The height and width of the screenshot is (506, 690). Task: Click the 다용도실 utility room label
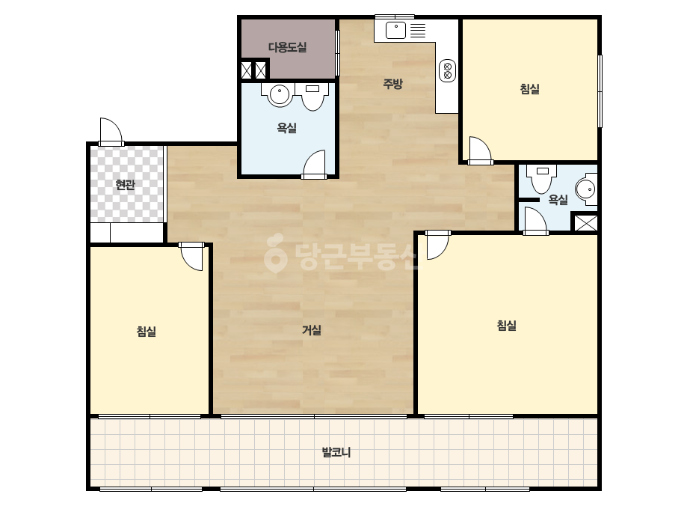[x=287, y=47]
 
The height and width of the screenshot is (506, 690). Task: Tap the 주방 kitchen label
[x=392, y=84]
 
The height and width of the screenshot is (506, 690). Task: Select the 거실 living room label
[x=312, y=329]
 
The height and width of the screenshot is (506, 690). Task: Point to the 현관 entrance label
[x=125, y=185]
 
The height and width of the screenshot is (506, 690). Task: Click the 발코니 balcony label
[x=336, y=452]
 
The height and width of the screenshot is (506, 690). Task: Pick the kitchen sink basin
[x=395, y=31]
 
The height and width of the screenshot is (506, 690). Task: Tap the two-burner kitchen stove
[x=448, y=71]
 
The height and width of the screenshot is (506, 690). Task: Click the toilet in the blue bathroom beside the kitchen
[x=312, y=97]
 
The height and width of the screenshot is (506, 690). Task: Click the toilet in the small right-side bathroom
[x=543, y=179]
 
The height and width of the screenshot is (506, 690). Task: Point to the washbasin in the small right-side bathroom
[x=586, y=189]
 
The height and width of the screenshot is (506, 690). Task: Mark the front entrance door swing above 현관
[x=111, y=131]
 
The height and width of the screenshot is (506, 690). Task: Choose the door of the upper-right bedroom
[x=480, y=150]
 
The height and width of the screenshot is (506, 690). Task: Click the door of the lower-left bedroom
[x=191, y=256]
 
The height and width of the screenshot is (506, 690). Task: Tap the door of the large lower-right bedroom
[x=437, y=245]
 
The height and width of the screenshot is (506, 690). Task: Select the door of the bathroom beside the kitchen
[x=314, y=164]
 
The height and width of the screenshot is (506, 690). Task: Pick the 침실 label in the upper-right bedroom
[x=529, y=89]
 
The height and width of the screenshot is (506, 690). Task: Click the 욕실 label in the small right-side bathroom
[x=558, y=200]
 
